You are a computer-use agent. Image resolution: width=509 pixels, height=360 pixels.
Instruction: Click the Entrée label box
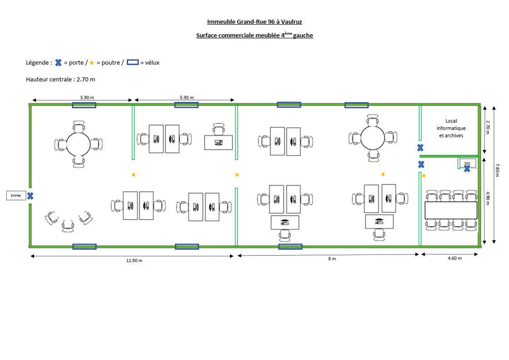pyautogui.click(x=16, y=195)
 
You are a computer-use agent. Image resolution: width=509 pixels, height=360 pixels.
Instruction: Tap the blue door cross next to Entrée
pyautogui.click(x=30, y=196)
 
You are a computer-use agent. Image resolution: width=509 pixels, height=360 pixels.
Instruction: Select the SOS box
pyautogui.click(x=468, y=163)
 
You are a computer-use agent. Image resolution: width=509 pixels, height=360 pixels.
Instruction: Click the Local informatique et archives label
pyautogui.click(x=451, y=128)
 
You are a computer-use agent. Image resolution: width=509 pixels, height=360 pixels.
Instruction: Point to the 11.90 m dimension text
pyautogui.click(x=134, y=261)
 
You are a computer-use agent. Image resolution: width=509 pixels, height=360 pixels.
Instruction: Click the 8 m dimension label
pyautogui.click(x=332, y=259)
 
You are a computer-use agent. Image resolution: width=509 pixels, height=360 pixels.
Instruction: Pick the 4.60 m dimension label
pyautogui.click(x=455, y=258)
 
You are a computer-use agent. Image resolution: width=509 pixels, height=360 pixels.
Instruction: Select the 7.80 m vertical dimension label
pyautogui.click(x=497, y=170)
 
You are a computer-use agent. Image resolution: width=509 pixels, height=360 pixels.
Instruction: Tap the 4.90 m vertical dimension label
pyautogui.click(x=488, y=198)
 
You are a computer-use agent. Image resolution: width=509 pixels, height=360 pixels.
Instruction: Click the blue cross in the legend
pyautogui.click(x=58, y=63)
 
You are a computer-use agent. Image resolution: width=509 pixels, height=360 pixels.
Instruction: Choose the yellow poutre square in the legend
pyautogui.click(x=92, y=63)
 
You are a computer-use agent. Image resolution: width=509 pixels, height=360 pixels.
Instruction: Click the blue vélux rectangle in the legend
pyautogui.click(x=133, y=63)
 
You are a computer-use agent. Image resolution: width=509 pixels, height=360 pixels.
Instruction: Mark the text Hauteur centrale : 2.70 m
pyautogui.click(x=60, y=79)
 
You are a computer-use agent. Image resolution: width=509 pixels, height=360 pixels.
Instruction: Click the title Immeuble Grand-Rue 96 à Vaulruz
pyautogui.click(x=255, y=22)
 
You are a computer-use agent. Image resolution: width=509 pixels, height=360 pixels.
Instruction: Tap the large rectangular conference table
pyautogui.click(x=451, y=210)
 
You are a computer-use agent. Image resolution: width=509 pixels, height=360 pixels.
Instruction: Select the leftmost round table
pyautogui.click(x=78, y=144)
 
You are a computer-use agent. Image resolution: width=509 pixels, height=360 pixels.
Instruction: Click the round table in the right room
pyautogui.click(x=373, y=138)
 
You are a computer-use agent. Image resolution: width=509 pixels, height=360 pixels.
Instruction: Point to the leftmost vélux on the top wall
pyautogui.click(x=84, y=105)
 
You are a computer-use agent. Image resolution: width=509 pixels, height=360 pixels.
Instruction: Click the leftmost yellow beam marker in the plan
pyautogui.click(x=134, y=175)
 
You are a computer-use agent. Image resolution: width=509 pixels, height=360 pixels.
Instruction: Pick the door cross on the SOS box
pyautogui.click(x=467, y=169)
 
